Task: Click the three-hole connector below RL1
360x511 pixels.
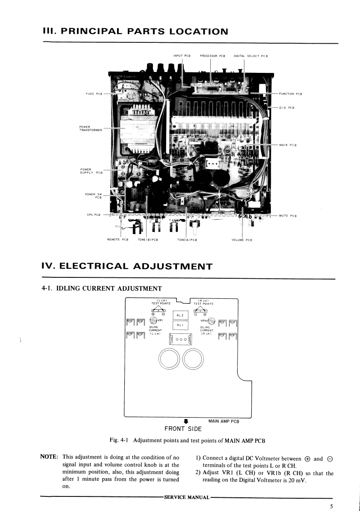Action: click(x=181, y=339)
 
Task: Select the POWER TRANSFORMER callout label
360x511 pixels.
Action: click(x=91, y=128)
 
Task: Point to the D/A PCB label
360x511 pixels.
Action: click(x=287, y=107)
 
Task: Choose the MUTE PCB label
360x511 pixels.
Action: click(x=288, y=215)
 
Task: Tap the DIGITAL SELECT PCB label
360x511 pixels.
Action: click(x=250, y=56)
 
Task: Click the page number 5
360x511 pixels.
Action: click(x=332, y=506)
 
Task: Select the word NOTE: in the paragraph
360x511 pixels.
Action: click(x=49, y=457)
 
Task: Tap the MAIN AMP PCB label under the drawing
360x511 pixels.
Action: click(x=224, y=421)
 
